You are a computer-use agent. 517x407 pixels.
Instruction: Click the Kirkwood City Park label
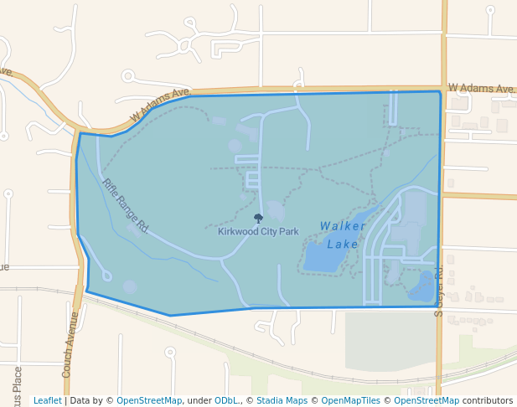[258, 231]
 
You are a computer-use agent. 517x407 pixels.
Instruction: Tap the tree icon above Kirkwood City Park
[258, 218]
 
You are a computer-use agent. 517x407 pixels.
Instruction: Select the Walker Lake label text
[343, 234]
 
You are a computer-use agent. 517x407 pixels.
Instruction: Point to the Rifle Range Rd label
[125, 205]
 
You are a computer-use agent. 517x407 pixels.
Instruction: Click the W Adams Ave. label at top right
[480, 88]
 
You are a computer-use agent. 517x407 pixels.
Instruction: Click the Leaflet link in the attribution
[47, 400]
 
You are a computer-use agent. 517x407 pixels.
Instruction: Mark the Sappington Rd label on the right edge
[438, 289]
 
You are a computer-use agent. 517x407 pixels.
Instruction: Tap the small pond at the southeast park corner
[422, 286]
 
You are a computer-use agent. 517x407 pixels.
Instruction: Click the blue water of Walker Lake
[323, 255]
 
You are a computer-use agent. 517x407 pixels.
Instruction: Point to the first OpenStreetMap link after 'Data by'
[149, 400]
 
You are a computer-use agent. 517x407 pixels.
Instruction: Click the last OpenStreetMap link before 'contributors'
[426, 400]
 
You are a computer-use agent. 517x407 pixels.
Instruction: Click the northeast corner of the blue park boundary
[440, 92]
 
